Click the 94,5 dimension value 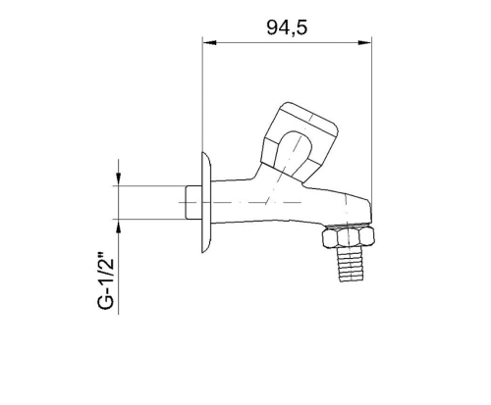pos(287,27)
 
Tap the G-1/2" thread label pos(106,281)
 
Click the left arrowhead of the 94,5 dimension pos(209,42)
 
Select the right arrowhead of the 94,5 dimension pos(365,42)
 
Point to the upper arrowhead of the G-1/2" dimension pos(119,178)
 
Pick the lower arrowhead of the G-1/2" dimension pos(119,226)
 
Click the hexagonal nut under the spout pos(348,237)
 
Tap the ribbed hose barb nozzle pos(351,264)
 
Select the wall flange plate pos(206,202)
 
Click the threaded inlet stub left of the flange pos(193,202)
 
